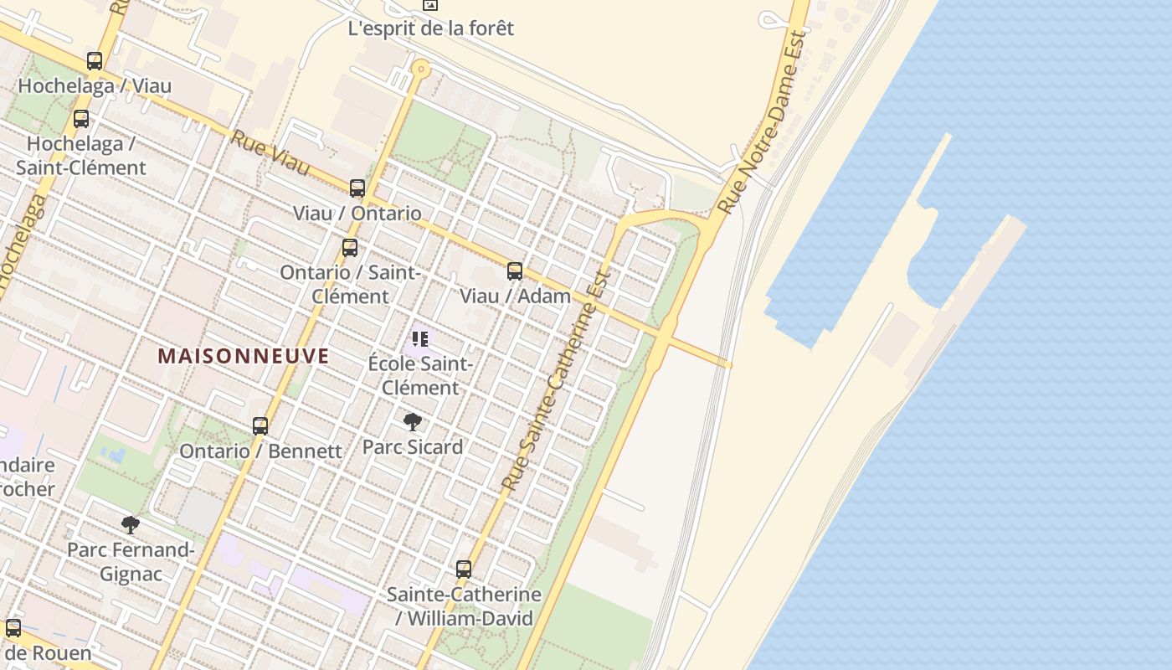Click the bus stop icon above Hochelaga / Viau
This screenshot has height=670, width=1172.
point(95,61)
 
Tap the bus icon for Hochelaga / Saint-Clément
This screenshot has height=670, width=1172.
point(81,119)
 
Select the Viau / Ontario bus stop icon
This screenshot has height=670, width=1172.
point(357,188)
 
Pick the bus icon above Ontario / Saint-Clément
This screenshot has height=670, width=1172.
point(350,248)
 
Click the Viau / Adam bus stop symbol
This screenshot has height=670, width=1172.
point(515,271)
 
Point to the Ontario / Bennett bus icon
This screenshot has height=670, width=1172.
point(260,426)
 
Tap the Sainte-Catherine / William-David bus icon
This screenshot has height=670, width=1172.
point(464,569)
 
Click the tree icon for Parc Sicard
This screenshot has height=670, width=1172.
point(412,422)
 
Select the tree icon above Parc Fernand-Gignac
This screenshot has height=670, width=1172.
point(130,525)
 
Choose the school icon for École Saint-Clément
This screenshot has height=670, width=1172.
point(420,339)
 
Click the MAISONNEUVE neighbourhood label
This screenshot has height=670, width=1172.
point(243,356)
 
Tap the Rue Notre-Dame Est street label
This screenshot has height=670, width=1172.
point(763,122)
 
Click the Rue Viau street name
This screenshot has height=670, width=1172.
point(270,153)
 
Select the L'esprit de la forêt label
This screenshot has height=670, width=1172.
point(430,28)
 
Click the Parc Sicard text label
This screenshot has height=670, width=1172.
point(412,447)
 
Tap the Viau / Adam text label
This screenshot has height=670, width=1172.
point(515,296)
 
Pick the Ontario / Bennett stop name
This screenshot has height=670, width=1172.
point(260,451)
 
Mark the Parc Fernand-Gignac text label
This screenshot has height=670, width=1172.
point(131,562)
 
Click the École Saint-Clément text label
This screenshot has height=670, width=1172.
point(420,376)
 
